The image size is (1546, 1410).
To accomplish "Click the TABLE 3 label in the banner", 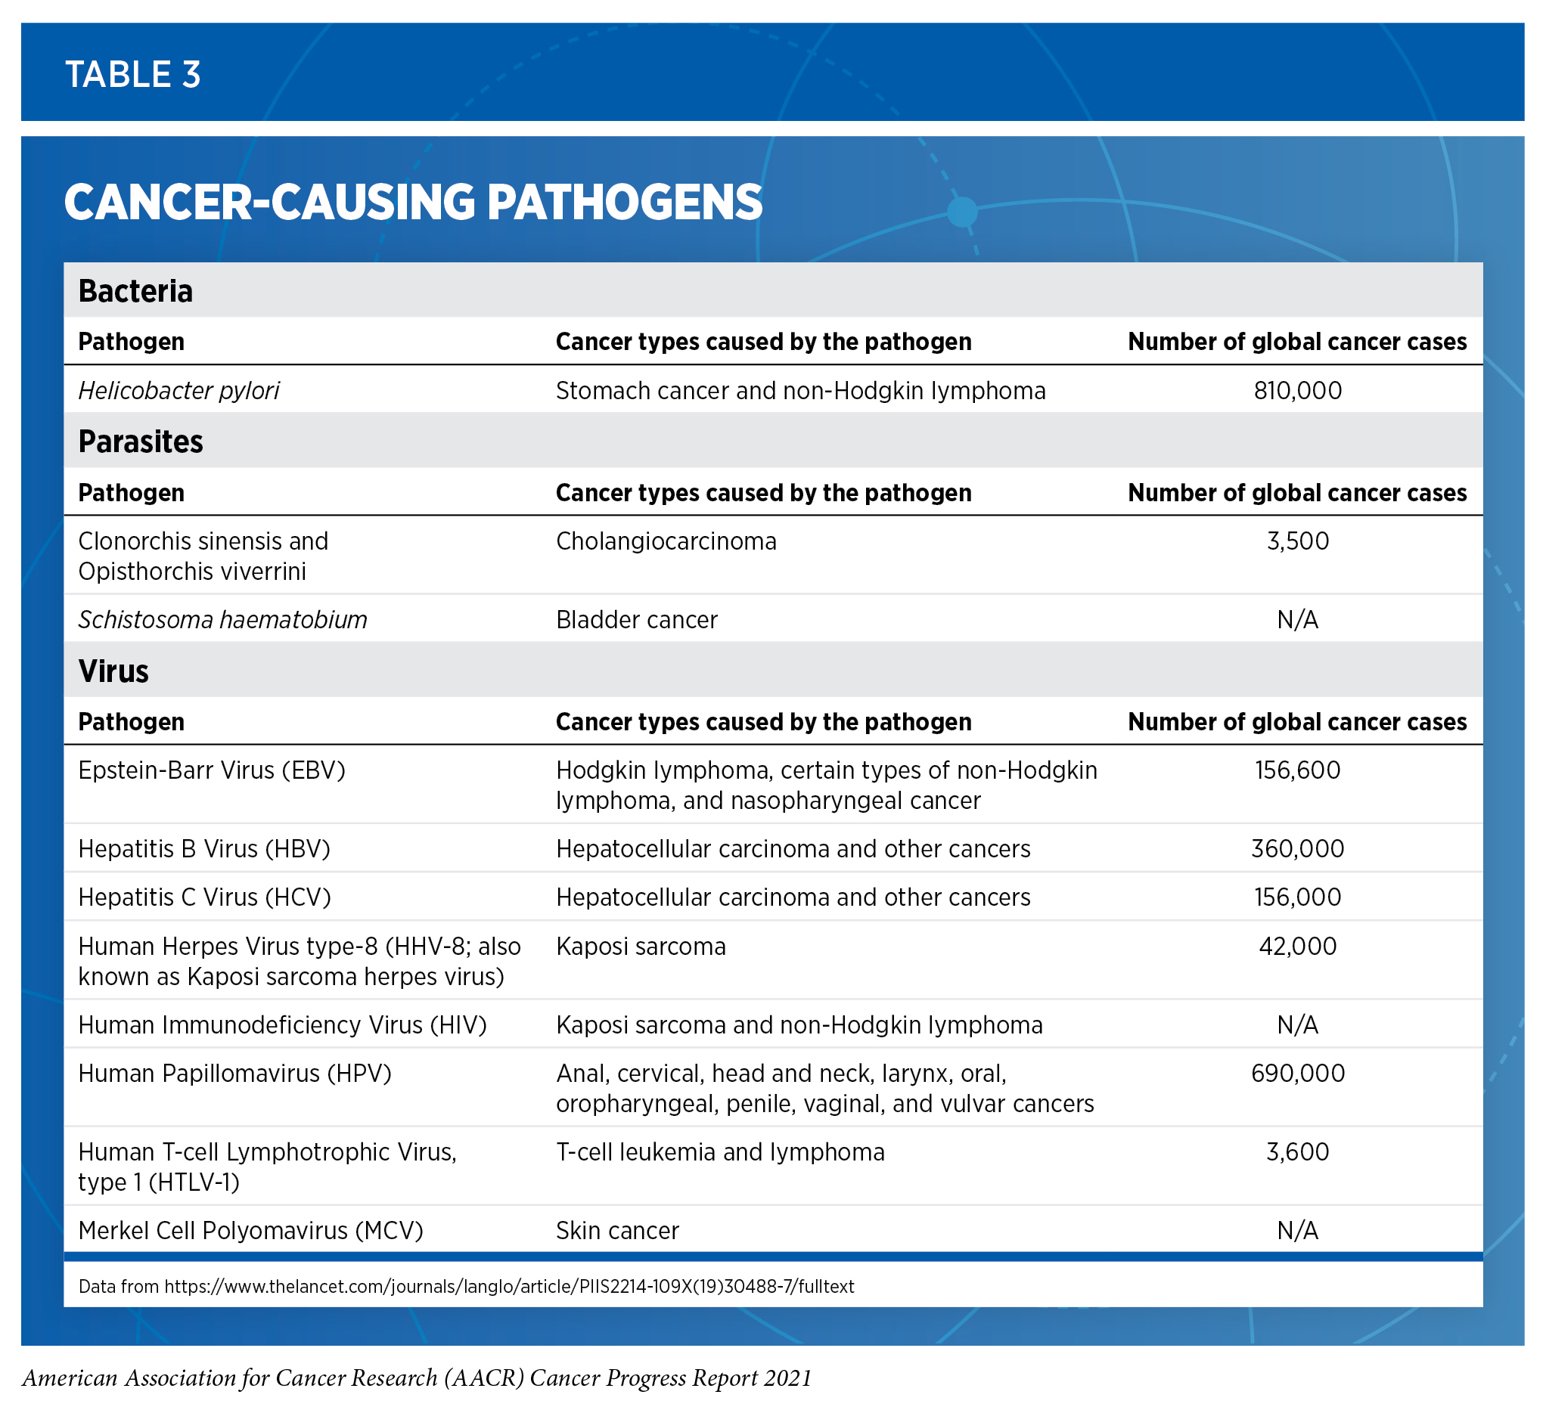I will [132, 74].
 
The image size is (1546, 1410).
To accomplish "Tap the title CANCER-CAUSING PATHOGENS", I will [412, 203].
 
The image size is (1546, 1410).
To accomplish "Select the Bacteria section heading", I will [135, 291].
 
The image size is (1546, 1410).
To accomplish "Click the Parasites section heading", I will [141, 442].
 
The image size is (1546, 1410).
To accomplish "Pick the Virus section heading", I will [113, 671].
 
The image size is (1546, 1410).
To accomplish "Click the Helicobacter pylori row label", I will [179, 391].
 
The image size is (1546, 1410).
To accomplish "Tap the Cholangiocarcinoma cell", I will [666, 541].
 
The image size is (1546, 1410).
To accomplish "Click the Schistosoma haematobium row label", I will [222, 619].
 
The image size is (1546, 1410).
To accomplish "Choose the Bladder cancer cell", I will [637, 619].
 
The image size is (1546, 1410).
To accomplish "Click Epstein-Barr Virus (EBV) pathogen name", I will [212, 770].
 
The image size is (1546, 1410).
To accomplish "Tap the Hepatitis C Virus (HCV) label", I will [204, 897].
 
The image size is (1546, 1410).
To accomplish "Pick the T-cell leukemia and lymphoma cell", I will [720, 1151].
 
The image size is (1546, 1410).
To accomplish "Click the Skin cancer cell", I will [617, 1231].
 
